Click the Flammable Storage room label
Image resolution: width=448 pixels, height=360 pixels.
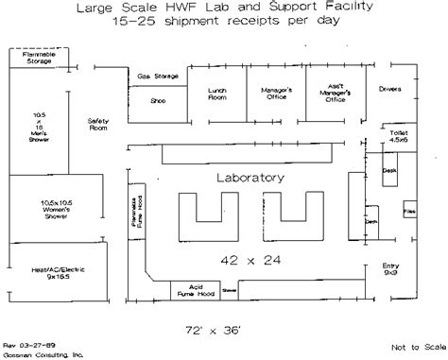tap(35, 59)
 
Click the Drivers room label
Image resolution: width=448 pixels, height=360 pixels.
tap(389, 91)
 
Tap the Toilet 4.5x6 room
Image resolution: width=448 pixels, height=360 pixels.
tap(399, 138)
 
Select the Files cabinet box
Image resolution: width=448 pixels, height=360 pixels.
tap(409, 211)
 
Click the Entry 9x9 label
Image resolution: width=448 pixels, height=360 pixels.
tap(391, 269)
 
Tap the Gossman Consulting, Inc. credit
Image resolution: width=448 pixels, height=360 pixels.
tap(43, 353)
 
